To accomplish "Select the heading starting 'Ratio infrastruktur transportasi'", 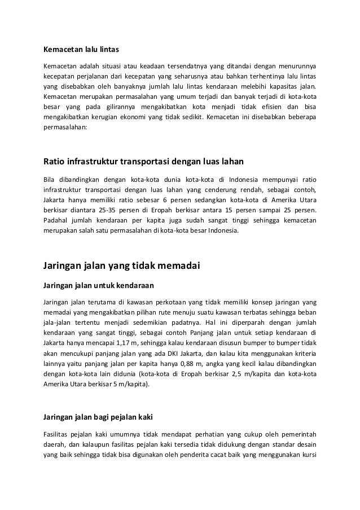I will [143, 163].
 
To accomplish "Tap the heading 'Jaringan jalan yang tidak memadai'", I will [122, 264].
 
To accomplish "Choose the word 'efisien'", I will [267, 107].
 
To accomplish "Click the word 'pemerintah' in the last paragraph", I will [297, 434].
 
